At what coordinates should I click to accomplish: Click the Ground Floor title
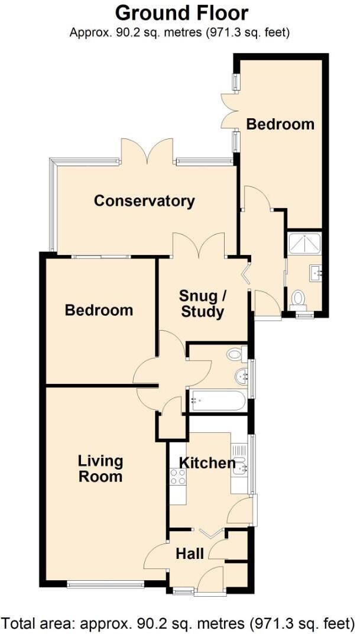181,12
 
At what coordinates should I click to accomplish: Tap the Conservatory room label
144,201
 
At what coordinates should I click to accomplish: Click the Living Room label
100,468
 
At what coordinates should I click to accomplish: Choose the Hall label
190,554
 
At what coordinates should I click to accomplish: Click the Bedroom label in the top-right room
280,124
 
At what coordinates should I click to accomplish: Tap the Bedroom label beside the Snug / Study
99,310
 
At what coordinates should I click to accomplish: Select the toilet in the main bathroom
236,354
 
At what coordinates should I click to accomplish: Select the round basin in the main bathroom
241,375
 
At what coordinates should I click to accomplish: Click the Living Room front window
106,585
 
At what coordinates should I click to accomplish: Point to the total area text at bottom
179,623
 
